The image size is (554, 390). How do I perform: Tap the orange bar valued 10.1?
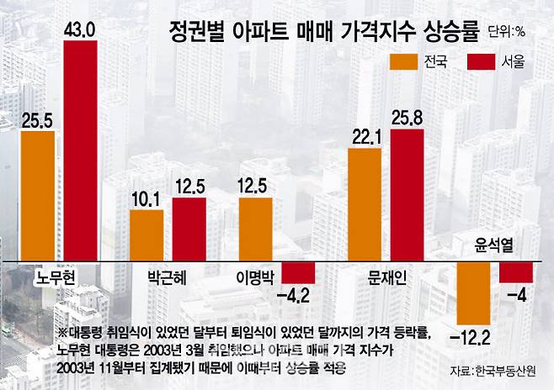(x=146, y=235)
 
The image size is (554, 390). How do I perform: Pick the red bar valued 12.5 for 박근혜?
(x=189, y=229)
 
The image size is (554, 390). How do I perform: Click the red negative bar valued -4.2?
(x=297, y=273)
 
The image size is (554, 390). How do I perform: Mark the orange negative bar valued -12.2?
(x=474, y=292)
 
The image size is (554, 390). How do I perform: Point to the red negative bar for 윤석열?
(x=516, y=272)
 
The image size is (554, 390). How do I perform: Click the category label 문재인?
(x=388, y=277)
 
